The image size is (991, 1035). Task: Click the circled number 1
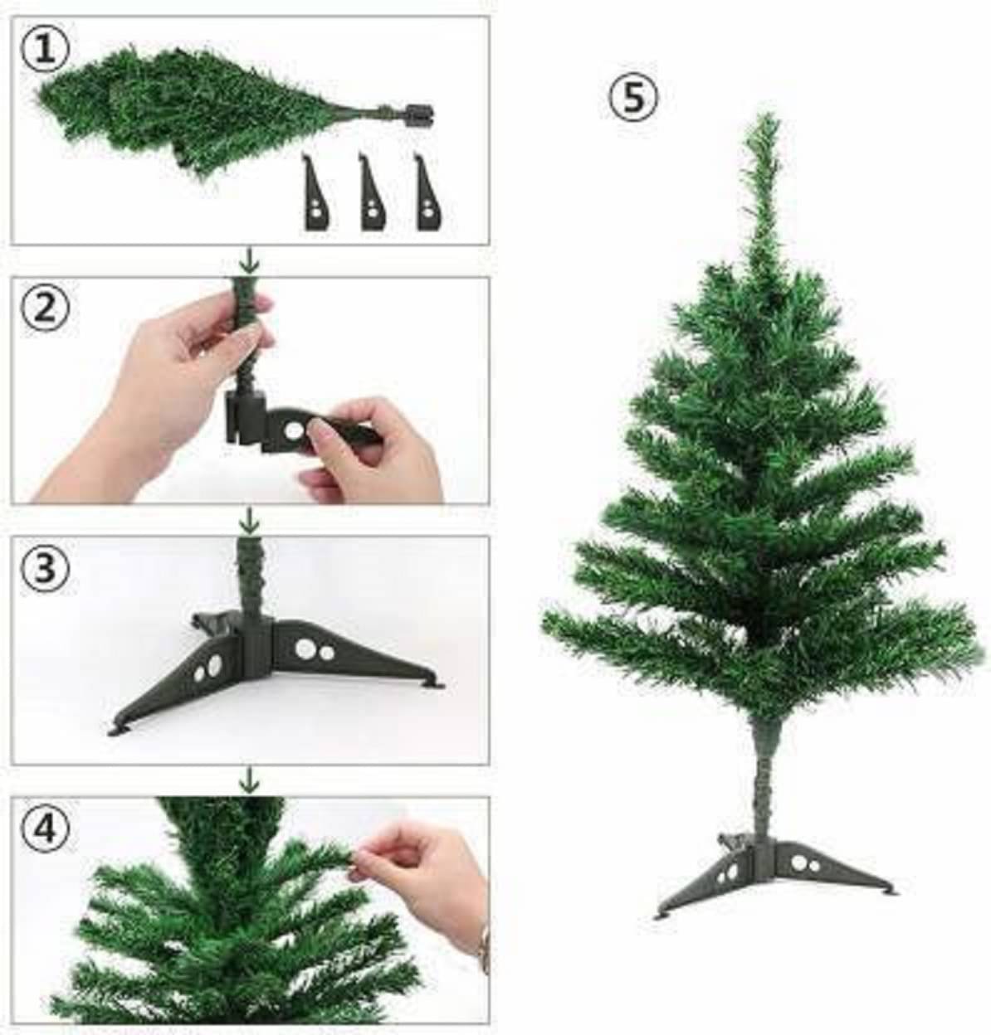(x=44, y=51)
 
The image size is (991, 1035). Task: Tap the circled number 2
(x=44, y=309)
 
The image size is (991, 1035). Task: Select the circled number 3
(x=44, y=568)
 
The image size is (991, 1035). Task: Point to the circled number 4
(x=44, y=828)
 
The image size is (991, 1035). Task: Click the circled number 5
(x=633, y=98)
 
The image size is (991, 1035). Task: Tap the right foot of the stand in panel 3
(x=434, y=684)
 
